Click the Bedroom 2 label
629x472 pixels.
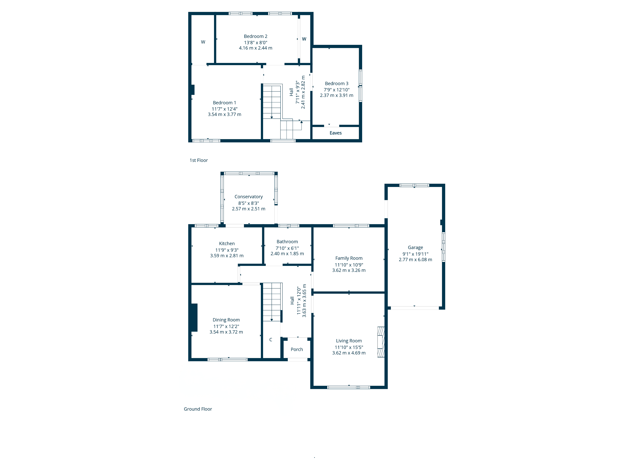coord(255,36)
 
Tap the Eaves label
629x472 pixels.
coord(336,133)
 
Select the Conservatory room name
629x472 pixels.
coord(248,197)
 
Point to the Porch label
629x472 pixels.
coord(297,349)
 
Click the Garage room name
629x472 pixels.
coord(415,247)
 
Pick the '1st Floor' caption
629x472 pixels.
coord(198,160)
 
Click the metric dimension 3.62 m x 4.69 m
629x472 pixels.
coord(349,353)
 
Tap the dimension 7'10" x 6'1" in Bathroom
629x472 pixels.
coord(287,248)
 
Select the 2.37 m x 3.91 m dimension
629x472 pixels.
coord(336,95)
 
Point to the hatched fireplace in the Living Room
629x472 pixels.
coord(381,342)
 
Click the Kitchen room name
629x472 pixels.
coord(227,244)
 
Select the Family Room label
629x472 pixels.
coord(349,258)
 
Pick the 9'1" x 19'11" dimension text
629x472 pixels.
coord(415,254)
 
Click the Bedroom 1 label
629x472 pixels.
coord(224,103)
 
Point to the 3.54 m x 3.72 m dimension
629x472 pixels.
coord(226,332)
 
